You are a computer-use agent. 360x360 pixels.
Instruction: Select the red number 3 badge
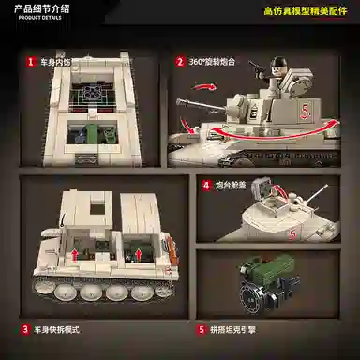coord(24,330)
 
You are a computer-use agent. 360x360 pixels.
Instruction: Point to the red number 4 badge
coord(205,186)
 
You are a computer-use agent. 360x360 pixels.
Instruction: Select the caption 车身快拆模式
coord(57,330)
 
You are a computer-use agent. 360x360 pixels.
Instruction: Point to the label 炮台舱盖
coord(229,186)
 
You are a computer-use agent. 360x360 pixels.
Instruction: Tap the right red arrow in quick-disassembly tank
coord(138,251)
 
